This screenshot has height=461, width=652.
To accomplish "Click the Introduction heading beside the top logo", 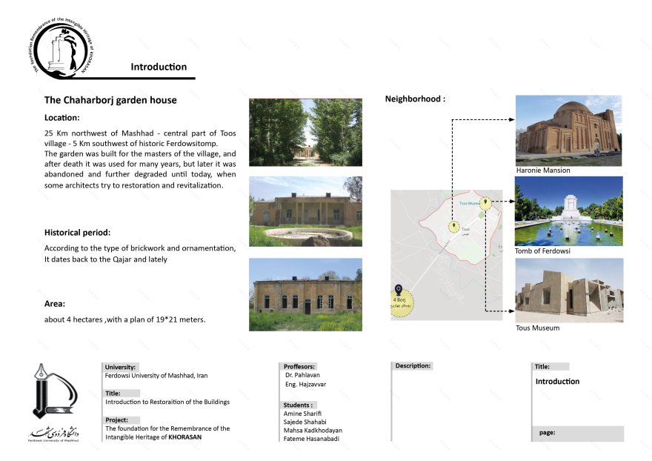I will point(159,67).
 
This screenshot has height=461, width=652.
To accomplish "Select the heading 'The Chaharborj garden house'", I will point(110,99).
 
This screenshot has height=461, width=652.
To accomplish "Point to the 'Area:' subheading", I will point(54,304).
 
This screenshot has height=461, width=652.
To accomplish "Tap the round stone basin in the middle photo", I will point(306,236).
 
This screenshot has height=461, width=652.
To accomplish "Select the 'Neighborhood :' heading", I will point(415,99).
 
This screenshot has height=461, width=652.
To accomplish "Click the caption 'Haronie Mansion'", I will point(543,170).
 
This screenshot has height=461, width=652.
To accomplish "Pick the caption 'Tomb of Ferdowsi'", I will point(542,251).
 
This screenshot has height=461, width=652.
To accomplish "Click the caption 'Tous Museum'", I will point(537,328).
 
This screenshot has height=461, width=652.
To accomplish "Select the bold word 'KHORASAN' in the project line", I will point(184,437).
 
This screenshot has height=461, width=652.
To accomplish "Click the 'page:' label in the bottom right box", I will point(548,432).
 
